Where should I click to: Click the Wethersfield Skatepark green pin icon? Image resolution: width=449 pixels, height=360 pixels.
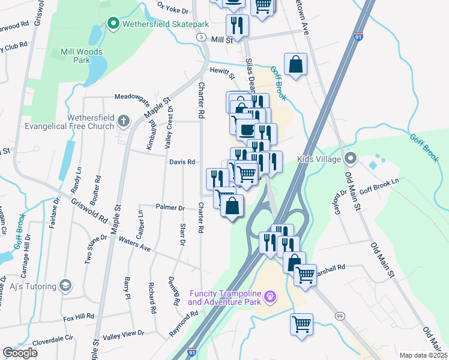112,24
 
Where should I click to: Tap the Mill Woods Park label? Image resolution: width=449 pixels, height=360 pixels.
82,56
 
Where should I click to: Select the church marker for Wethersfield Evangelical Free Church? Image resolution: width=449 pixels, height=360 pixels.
124,121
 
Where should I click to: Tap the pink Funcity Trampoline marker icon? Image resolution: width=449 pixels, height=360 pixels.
270,297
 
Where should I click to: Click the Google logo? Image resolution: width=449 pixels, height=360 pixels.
20,353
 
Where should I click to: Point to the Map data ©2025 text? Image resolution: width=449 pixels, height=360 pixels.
423,355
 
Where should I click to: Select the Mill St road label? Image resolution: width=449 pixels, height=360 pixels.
221,40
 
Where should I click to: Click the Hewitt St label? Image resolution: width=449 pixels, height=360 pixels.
221,71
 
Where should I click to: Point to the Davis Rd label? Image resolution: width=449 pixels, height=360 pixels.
182,162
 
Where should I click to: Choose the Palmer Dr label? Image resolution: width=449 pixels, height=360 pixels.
170,208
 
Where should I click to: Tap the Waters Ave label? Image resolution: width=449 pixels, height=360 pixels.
134,240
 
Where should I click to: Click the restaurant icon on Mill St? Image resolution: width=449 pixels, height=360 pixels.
237,26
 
